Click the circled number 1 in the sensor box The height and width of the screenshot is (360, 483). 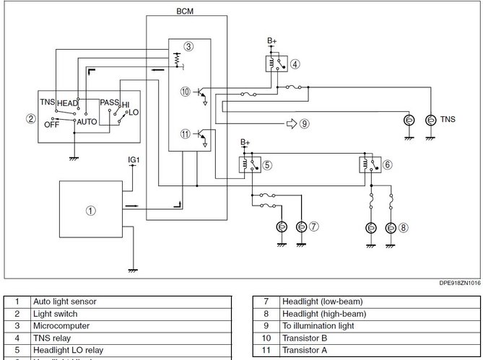[90, 211]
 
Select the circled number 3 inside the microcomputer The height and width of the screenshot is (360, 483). [188, 47]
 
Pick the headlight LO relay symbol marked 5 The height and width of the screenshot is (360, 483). [250, 165]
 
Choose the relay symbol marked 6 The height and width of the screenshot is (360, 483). [370, 165]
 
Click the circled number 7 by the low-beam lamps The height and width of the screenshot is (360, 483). [314, 227]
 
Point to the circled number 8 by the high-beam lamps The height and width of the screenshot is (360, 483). [404, 227]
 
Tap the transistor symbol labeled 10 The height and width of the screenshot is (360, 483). [204, 95]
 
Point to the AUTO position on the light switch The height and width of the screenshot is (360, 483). [87, 123]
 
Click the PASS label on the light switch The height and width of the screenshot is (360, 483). [110, 103]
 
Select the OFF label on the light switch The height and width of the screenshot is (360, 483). [51, 124]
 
